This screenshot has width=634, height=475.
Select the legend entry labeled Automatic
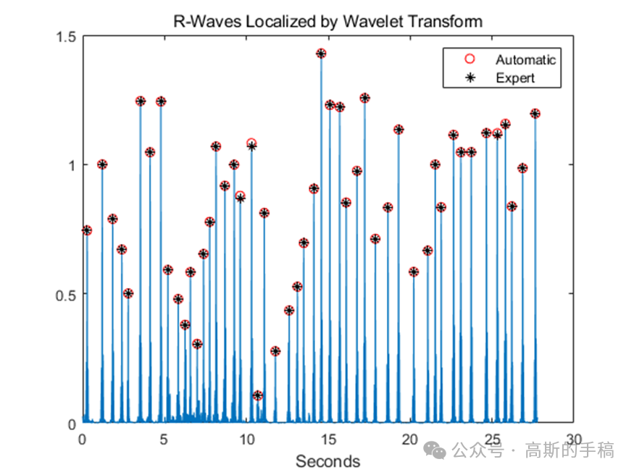click(x=525, y=59)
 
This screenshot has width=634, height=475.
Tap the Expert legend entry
click(x=515, y=77)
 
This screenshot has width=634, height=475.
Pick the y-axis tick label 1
click(x=72, y=165)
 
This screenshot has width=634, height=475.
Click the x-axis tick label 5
click(x=164, y=439)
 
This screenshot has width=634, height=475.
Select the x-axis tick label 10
click(x=246, y=439)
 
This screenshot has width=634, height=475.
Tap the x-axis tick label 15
click(x=328, y=439)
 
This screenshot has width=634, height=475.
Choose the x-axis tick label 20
click(x=410, y=439)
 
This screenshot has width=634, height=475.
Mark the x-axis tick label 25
click(x=493, y=439)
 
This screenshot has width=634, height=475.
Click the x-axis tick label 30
click(x=574, y=439)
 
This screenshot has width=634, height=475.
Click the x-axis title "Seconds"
click(x=328, y=461)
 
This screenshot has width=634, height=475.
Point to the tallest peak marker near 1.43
click(x=321, y=54)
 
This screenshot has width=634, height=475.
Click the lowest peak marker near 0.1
click(x=257, y=395)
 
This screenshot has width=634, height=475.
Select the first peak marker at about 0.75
click(x=87, y=230)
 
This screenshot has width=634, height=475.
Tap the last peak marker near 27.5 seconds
click(x=535, y=114)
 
